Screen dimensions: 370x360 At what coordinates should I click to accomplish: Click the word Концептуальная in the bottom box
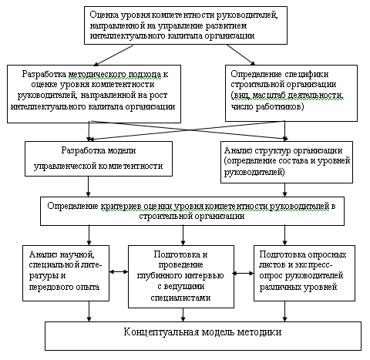coord(161,332)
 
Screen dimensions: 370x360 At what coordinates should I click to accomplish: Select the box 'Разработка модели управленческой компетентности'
coord(99,159)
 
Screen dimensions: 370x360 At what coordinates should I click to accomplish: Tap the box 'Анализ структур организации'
coord(287,162)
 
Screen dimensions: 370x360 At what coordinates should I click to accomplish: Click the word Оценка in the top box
coord(104,15)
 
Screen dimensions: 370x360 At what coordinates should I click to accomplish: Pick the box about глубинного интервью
coord(181,277)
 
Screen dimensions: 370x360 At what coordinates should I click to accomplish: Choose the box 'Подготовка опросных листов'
coord(304,273)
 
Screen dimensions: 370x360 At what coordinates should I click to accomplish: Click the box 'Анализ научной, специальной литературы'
coord(66,273)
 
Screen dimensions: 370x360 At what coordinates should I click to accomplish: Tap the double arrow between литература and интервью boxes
coord(119,271)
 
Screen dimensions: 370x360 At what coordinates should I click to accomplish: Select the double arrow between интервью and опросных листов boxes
coord(244,274)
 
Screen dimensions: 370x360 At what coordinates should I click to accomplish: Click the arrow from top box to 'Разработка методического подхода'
coord(113,56)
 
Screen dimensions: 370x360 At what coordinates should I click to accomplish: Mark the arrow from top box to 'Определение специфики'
coord(240,55)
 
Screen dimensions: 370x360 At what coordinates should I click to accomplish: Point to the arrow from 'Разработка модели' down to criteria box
coord(89,187)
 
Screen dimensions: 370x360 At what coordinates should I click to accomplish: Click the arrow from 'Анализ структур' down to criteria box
coord(284,190)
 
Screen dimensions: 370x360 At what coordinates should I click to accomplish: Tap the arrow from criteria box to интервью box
coord(183,235)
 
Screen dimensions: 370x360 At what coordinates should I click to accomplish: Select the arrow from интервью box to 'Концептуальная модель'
coord(183,315)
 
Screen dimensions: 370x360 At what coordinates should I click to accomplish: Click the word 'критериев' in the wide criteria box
coord(121,207)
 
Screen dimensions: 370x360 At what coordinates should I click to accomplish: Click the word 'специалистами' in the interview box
coord(180,298)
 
